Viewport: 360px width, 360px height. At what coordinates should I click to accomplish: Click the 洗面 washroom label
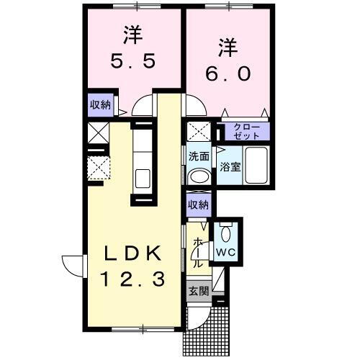199,156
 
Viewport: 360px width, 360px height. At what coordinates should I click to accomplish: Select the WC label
225,252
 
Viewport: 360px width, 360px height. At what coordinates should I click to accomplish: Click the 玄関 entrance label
199,292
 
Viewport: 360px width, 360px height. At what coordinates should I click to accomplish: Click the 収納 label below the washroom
198,204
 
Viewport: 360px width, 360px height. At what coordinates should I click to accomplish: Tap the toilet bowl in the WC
226,232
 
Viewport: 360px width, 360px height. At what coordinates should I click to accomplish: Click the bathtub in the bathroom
256,163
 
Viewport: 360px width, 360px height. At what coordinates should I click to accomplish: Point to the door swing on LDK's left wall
73,266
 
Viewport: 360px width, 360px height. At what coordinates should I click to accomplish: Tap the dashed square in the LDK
99,168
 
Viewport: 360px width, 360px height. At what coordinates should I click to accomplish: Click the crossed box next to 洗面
198,132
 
